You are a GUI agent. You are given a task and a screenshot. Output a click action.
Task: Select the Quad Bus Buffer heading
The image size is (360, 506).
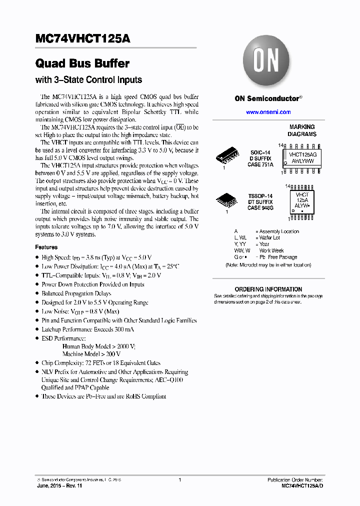tap(82, 64)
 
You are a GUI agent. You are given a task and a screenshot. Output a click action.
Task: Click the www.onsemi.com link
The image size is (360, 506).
tap(268, 112)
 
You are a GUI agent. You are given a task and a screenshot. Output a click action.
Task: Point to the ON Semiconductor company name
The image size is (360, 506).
tap(268, 98)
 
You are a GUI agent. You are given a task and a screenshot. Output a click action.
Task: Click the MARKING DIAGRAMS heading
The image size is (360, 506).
tap(302, 130)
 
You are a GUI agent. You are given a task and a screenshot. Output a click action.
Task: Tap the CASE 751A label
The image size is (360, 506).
tap(261, 164)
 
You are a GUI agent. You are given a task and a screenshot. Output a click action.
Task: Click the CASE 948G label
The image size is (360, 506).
tap(260, 207)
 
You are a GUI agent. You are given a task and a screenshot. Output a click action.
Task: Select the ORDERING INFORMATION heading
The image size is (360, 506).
tap(268, 289)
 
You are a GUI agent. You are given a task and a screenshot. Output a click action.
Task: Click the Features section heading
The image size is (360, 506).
tap(46, 247)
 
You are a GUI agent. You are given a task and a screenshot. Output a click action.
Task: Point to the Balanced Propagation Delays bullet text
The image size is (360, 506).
tap(76, 293)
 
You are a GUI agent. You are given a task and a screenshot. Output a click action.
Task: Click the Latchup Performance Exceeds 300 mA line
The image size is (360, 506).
tap(88, 329)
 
